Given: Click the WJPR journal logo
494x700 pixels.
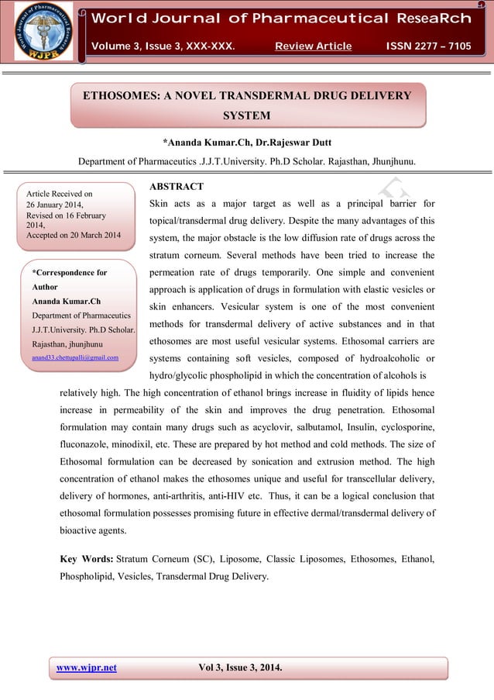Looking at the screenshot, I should pyautogui.click(x=44, y=31).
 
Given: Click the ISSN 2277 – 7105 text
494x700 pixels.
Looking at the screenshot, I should pyautogui.click(x=428, y=47).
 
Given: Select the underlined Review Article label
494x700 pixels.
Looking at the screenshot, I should pyautogui.click(x=313, y=47).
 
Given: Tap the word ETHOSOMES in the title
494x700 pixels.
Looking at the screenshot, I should pyautogui.click(x=120, y=96).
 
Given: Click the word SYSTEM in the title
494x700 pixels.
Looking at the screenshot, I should pyautogui.click(x=246, y=116).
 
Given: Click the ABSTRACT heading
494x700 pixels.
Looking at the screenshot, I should pyautogui.click(x=176, y=187).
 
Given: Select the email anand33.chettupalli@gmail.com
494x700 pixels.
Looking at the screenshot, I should pyautogui.click(x=75, y=357).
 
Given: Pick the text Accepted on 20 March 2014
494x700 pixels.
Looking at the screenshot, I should pyautogui.click(x=74, y=235).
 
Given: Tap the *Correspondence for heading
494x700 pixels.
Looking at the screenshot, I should pyautogui.click(x=70, y=273).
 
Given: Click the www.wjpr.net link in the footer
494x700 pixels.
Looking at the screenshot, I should pyautogui.click(x=87, y=668).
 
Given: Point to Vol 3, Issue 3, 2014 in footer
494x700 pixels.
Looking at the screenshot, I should pyautogui.click(x=240, y=668).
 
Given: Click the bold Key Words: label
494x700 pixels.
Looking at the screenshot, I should pyautogui.click(x=86, y=558).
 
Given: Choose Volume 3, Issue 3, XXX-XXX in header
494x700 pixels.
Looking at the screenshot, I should pyautogui.click(x=163, y=47).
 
